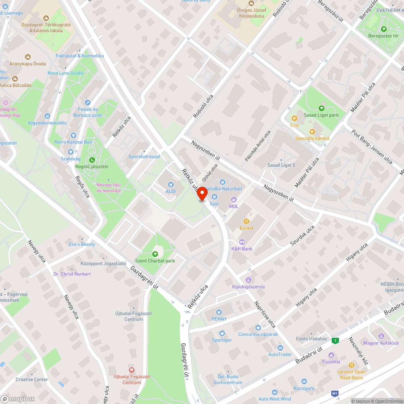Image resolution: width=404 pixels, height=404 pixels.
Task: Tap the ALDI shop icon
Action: (170, 185)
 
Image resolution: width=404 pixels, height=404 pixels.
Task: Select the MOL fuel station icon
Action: (234, 200)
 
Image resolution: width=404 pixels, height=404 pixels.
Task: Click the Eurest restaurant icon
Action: (246, 221)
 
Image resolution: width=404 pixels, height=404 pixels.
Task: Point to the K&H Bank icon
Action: (242, 242)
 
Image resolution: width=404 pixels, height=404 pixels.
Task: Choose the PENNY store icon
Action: (219, 312)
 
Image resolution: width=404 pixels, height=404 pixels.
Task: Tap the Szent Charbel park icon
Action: (155, 254)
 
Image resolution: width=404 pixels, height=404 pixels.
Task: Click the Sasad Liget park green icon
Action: (321, 108)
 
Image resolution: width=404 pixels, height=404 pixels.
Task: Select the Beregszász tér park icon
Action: (383, 29)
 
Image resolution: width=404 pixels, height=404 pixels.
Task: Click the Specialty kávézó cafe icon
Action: (312, 131)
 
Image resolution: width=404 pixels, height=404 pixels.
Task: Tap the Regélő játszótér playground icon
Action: (92, 160)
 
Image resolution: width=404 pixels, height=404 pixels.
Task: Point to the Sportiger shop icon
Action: (222, 333)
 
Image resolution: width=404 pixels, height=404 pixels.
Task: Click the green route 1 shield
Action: (335, 341)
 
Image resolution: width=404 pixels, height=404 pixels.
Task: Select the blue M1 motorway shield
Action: (335, 393)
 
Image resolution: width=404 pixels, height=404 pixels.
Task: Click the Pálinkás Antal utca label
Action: (257, 146)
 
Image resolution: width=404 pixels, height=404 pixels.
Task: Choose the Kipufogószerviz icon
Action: (248, 280)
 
